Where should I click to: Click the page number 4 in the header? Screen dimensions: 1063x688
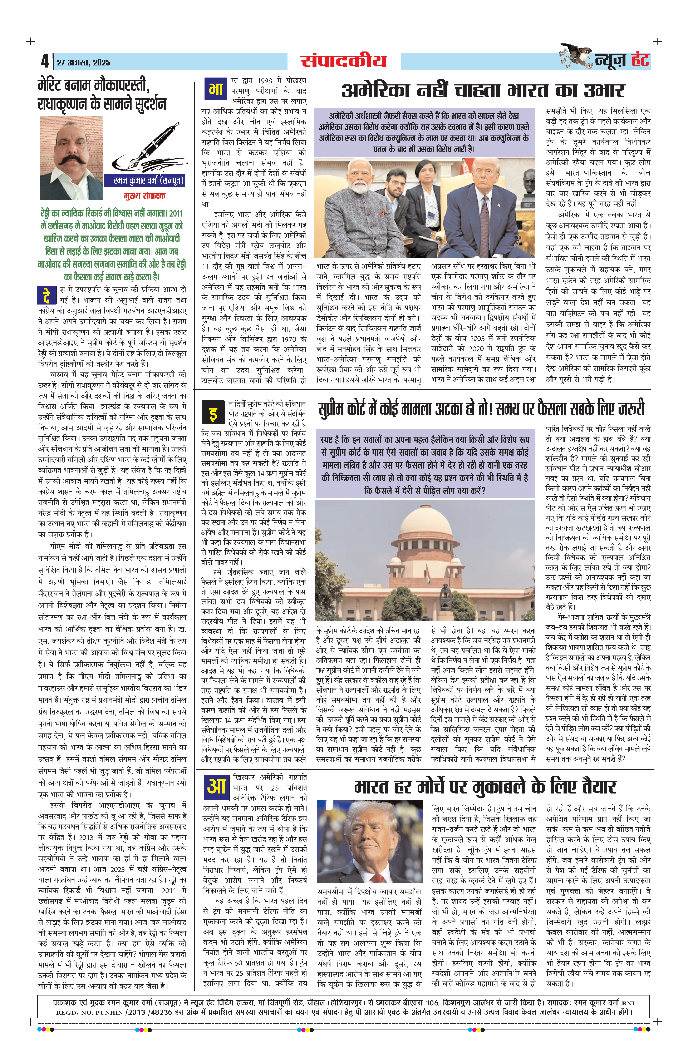coord(45,61)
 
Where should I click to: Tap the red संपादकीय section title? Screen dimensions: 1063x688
coord(343,61)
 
